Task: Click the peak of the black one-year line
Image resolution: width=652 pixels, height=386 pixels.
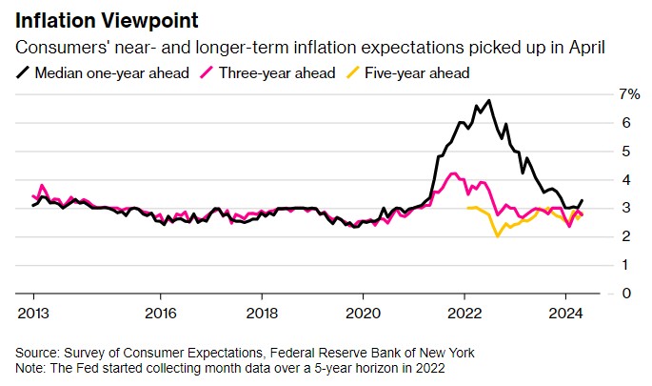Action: pyautogui.click(x=488, y=100)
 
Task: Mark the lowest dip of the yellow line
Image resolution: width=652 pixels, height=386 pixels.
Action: pyautogui.click(x=498, y=236)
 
